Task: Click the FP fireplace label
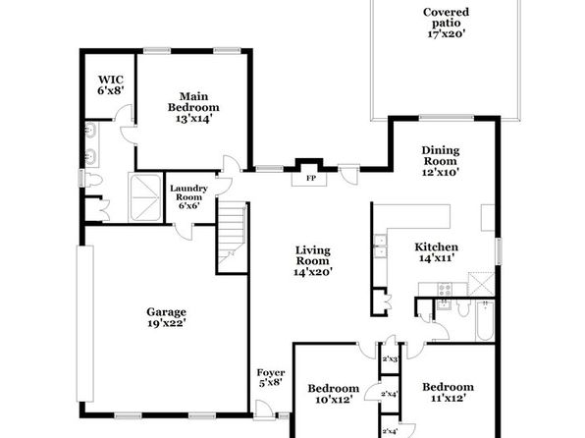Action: tap(311, 178)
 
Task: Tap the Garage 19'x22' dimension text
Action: tap(167, 323)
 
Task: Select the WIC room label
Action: tap(111, 80)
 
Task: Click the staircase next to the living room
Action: tap(232, 238)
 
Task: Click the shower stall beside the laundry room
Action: tap(145, 197)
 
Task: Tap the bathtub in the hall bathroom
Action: tap(485, 320)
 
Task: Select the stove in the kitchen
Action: tap(445, 290)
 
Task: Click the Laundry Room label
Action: tap(188, 192)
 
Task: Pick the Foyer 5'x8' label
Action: tap(271, 377)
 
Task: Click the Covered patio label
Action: tap(446, 17)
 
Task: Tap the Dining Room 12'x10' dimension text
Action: tap(441, 172)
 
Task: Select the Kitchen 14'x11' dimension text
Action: tap(437, 258)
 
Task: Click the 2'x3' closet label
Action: tap(390, 359)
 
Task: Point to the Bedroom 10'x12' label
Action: tap(334, 394)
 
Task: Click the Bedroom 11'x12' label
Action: tap(449, 393)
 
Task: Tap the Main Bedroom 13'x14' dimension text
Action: tap(194, 119)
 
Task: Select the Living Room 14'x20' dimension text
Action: tap(313, 272)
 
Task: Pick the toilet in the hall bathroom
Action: tap(463, 307)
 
